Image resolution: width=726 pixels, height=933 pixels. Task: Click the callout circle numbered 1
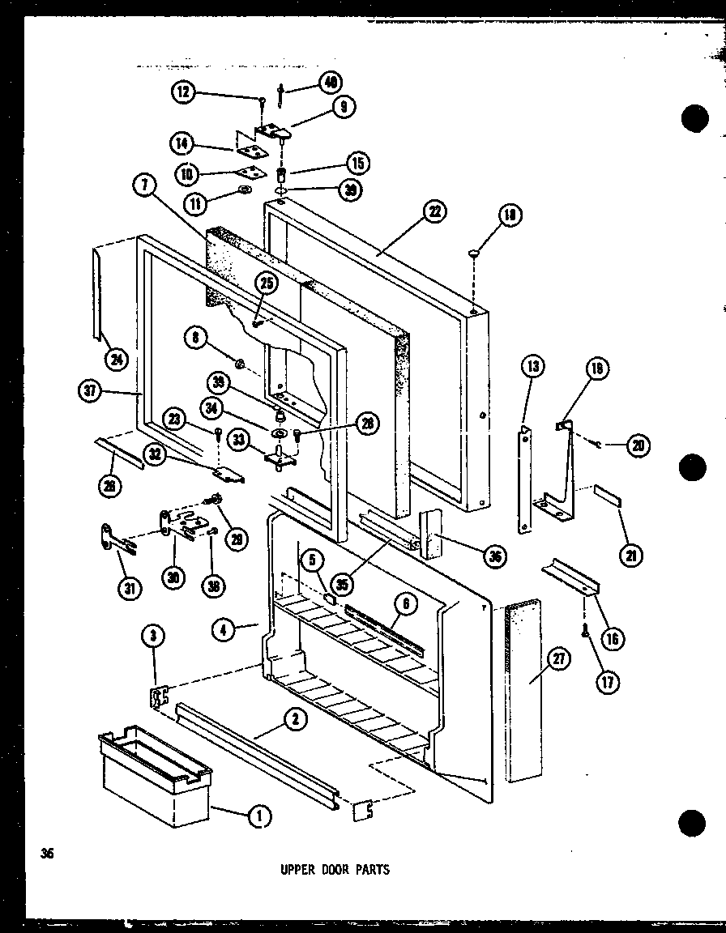258,817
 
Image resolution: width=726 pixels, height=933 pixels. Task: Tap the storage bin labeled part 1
154,777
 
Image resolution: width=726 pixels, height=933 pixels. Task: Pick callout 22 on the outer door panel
433,212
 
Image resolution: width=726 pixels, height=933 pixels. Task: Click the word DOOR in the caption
334,870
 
